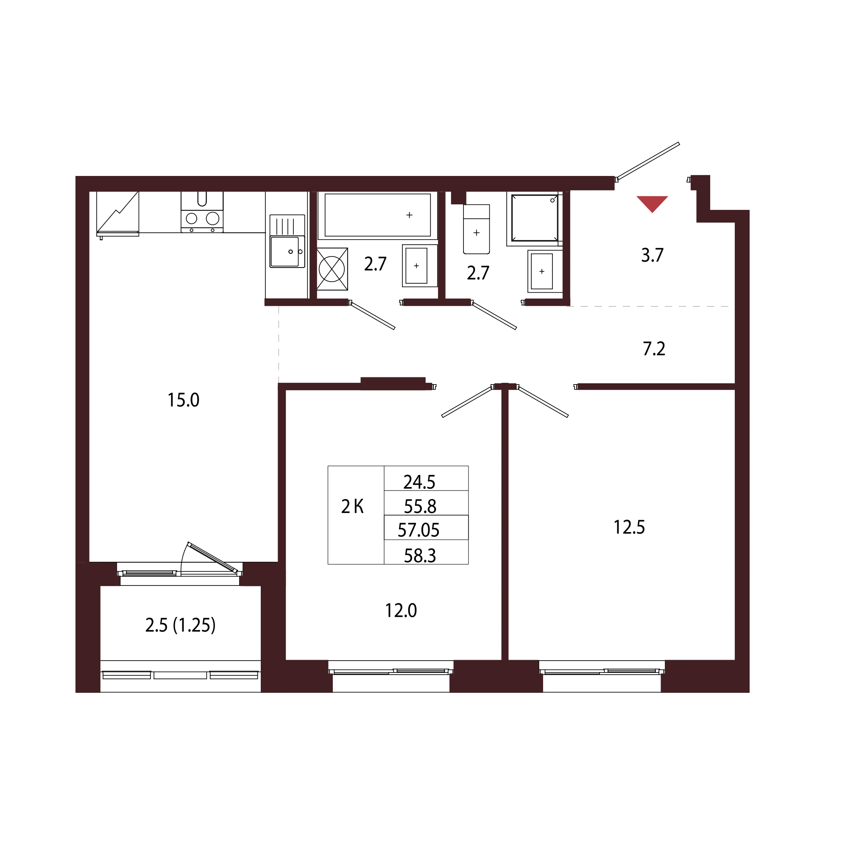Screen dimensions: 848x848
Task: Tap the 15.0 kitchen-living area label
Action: point(184,400)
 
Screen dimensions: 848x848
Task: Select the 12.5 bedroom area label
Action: point(629,527)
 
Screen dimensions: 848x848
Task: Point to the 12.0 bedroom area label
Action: point(401,611)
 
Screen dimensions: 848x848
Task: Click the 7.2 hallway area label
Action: point(654,349)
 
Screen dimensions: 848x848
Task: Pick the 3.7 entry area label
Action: point(652,255)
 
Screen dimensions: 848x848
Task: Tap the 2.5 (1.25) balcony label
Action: point(180,625)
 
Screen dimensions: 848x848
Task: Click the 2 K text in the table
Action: point(352,507)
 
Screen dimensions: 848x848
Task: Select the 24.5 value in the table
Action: point(420,482)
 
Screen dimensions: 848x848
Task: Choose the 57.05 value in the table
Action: point(418,530)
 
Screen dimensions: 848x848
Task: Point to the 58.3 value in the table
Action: point(420,556)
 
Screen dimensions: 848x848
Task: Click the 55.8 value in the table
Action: point(420,507)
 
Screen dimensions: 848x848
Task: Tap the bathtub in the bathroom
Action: point(377,215)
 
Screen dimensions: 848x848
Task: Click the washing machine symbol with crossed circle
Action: point(332,269)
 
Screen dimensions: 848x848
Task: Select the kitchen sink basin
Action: point(285,252)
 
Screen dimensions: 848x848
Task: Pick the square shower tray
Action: point(535,218)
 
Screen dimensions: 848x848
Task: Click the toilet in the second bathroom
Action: point(477,229)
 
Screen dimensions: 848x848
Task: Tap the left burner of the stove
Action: point(191,218)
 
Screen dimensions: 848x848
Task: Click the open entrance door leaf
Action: point(647,161)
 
